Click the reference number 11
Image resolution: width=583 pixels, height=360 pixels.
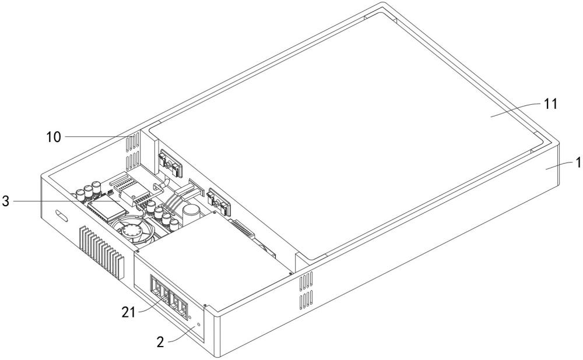pyautogui.click(x=551, y=104)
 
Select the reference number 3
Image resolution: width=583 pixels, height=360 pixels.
pyautogui.click(x=6, y=202)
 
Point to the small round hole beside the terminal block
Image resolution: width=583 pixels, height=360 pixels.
pyautogui.click(x=199, y=324)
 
